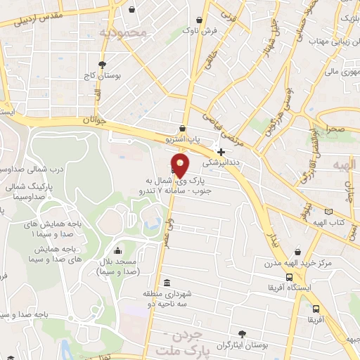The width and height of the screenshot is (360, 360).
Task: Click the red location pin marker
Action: point(181,166)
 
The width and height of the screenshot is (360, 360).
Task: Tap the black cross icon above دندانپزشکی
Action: point(221,151)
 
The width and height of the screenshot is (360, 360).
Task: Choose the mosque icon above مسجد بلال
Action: point(117,250)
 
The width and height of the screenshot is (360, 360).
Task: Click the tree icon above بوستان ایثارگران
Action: point(243,333)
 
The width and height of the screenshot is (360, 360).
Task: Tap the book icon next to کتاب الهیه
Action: point(328,212)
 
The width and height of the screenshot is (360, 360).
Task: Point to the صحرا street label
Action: point(335,129)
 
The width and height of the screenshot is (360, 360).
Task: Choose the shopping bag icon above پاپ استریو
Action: point(183,129)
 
